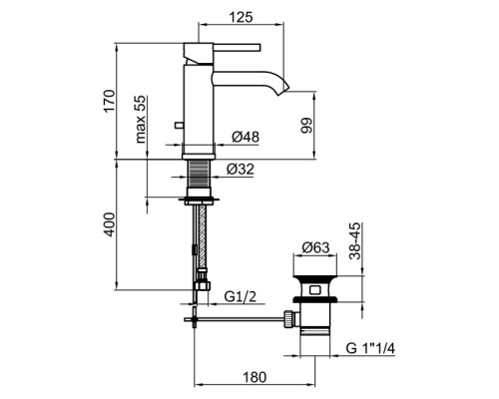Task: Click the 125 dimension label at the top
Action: click(241, 17)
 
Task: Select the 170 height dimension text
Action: click(109, 101)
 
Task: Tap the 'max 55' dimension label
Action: click(141, 119)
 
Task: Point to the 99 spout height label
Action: click(306, 126)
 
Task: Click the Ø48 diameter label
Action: click(246, 137)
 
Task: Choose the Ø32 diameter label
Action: click(241, 169)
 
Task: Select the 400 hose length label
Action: click(109, 224)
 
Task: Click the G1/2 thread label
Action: click(241, 296)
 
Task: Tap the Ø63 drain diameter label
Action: click(315, 247)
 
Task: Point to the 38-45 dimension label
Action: click(355, 241)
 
